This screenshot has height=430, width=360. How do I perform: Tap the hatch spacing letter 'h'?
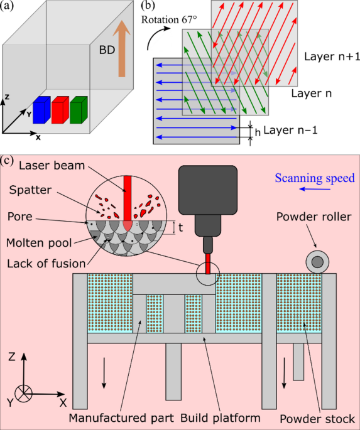pos(256,132)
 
